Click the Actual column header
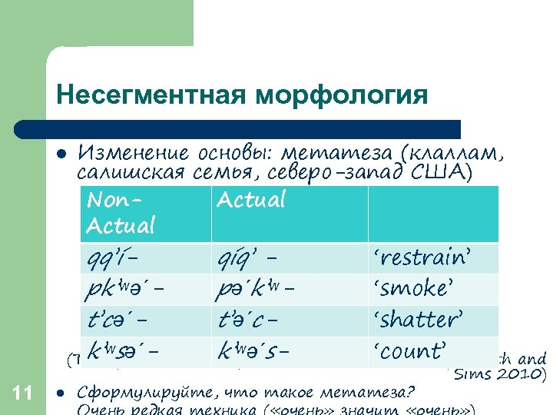[x=250, y=201]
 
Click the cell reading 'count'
[x=409, y=351]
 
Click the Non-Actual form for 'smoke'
[x=126, y=289]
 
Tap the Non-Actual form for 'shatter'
[x=118, y=320]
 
